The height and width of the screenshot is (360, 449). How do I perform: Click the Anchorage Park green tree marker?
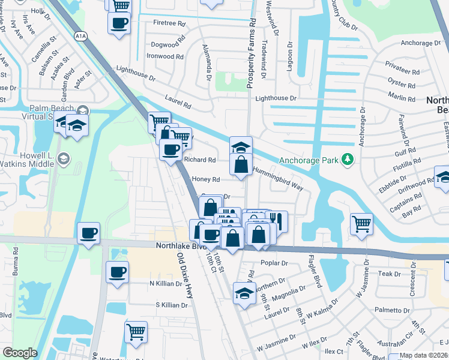(346, 160)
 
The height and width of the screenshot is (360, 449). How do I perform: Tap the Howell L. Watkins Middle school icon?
(64, 159)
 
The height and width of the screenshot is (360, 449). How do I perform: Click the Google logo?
(20, 353)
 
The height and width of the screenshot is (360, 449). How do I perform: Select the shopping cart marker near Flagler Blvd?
(361, 224)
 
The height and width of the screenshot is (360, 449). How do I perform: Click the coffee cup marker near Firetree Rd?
(119, 23)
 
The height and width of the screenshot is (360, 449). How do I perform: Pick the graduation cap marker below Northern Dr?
(243, 294)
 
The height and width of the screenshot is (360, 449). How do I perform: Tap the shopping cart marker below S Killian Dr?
(136, 331)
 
